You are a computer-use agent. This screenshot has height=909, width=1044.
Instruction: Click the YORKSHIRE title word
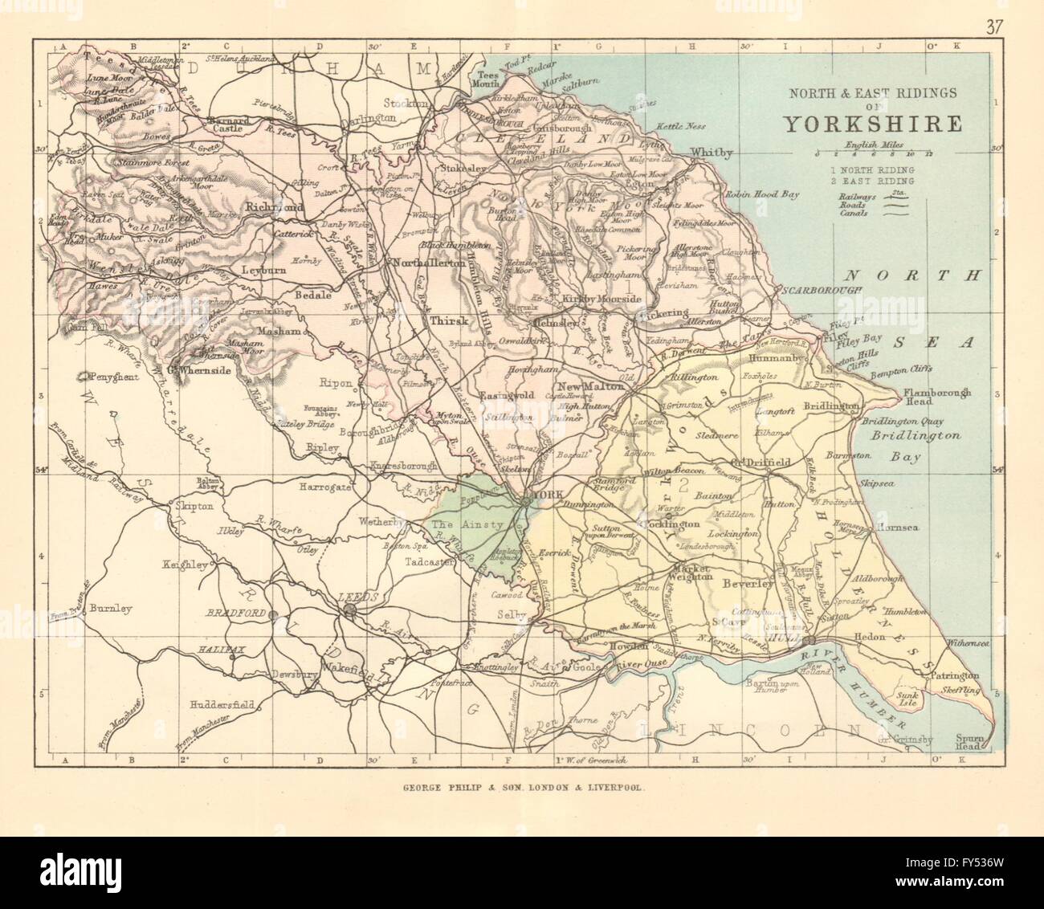click(873, 124)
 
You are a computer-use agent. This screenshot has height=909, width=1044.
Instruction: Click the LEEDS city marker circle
click(350, 612)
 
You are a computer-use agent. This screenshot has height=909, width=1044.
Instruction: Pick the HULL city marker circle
click(811, 640)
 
